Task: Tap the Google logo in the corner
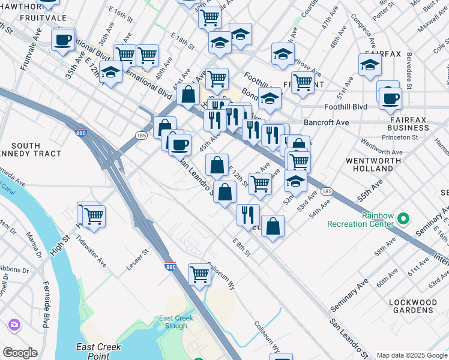click(x=20, y=353)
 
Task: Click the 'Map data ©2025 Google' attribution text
click(x=411, y=355)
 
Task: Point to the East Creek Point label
click(x=98, y=350)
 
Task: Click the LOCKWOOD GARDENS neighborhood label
click(x=411, y=306)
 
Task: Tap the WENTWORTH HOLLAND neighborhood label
click(x=369, y=165)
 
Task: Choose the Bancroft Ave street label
click(x=343, y=122)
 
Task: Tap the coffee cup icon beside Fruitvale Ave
click(x=63, y=41)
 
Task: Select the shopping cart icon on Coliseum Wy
click(x=199, y=274)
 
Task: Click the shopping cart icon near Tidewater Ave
click(x=92, y=215)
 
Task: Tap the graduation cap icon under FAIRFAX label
click(x=370, y=65)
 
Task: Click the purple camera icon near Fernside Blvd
click(x=13, y=325)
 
